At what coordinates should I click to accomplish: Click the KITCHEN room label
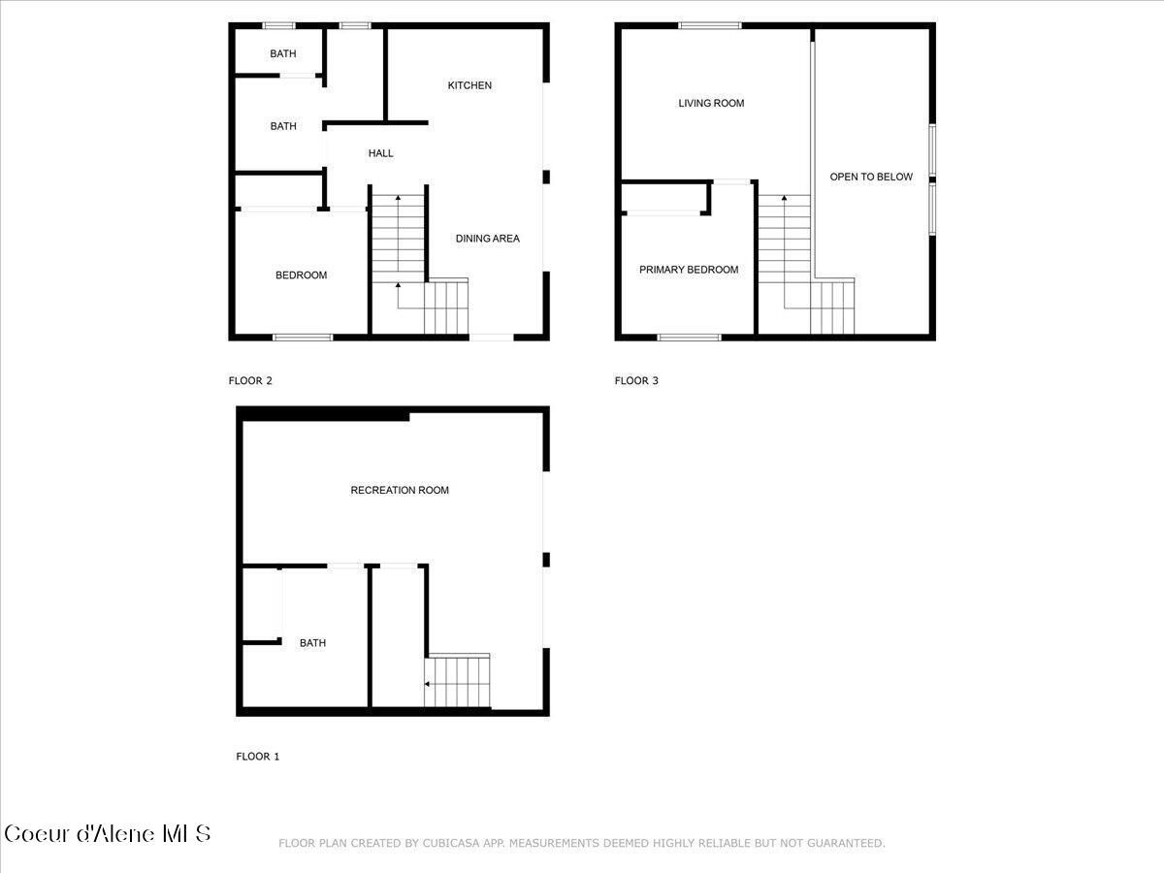(469, 85)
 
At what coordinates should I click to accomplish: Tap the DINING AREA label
(488, 239)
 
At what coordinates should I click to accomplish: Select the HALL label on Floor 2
(381, 153)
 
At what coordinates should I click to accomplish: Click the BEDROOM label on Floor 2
(302, 275)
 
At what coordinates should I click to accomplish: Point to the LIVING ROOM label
(711, 103)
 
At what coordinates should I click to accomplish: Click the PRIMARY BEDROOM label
(689, 270)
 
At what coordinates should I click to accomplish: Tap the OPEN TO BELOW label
(871, 177)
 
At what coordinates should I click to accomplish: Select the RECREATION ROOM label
(400, 491)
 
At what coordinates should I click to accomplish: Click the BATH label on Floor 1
(312, 643)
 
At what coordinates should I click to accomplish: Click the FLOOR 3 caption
(636, 381)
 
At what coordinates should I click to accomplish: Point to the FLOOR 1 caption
(258, 757)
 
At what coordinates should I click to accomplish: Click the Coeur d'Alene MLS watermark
(108, 833)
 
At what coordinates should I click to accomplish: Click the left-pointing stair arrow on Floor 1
(428, 684)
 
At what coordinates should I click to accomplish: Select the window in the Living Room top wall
(709, 25)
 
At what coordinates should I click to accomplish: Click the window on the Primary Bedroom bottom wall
(689, 338)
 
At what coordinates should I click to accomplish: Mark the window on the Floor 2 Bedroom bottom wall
(303, 338)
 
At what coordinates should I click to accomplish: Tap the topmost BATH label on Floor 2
(283, 54)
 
